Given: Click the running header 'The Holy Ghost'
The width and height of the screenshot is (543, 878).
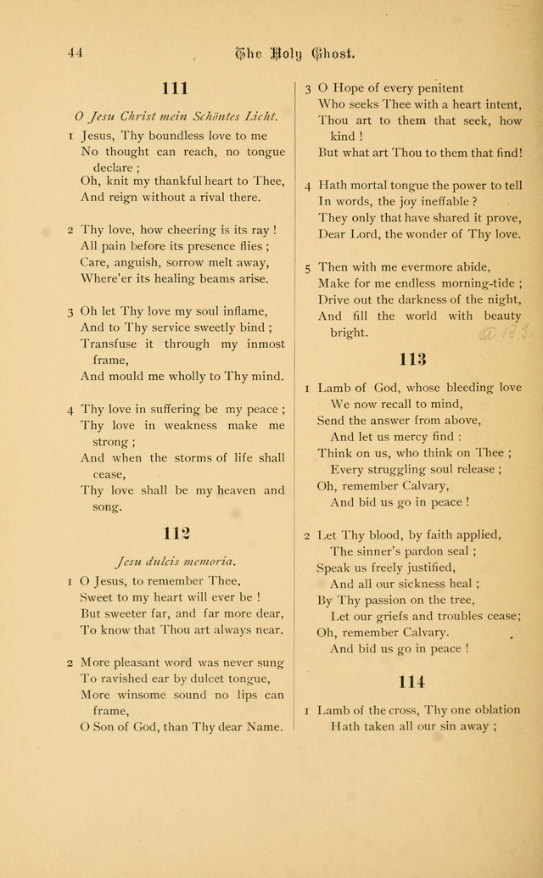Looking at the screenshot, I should [294, 53].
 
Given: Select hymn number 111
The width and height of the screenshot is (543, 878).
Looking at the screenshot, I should [175, 87].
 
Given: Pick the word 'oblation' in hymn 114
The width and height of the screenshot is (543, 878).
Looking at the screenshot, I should [495, 710].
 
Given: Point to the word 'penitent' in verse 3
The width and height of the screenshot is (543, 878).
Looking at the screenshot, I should [437, 87].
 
